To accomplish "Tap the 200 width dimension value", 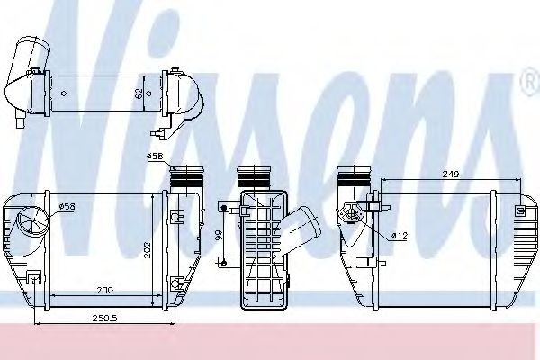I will (104, 291).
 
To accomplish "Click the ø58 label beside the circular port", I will (67, 207).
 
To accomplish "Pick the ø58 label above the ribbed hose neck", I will (155, 157).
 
